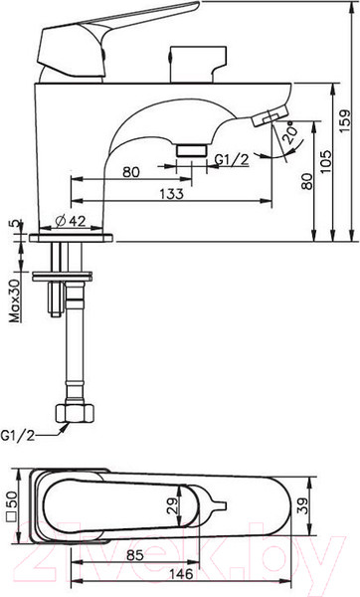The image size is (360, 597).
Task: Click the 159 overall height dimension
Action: coord(345,120)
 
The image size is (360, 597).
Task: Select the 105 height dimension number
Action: coord(326,161)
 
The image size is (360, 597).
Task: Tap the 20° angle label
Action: coord(290,132)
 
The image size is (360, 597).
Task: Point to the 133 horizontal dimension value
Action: coord(172,193)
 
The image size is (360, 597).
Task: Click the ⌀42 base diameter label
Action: coord(71,221)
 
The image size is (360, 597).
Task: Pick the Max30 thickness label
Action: coord(15,301)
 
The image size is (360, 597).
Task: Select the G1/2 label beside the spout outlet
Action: coord(232,160)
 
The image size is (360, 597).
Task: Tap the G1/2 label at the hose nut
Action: coord(17,435)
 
